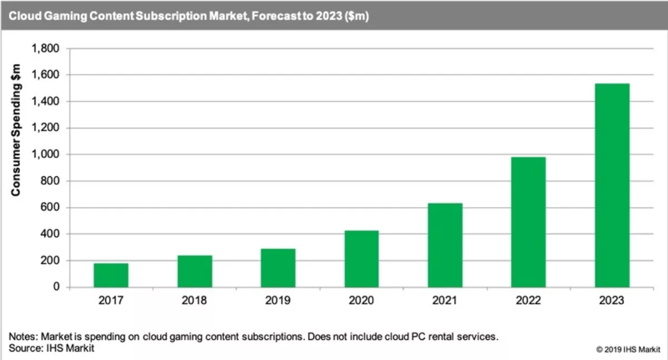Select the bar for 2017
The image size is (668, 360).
click(x=111, y=275)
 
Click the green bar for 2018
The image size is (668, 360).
click(x=194, y=272)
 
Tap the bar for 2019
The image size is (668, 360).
click(x=278, y=268)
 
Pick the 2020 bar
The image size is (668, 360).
click(x=361, y=259)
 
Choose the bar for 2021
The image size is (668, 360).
click(x=445, y=245)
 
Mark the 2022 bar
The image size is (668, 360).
click(x=528, y=222)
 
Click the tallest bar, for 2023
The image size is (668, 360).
click(x=612, y=185)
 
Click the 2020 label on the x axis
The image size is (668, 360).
click(x=361, y=301)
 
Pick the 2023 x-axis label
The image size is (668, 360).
click(x=612, y=301)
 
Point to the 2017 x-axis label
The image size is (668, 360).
click(x=111, y=301)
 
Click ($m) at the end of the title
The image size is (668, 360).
click(x=355, y=16)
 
